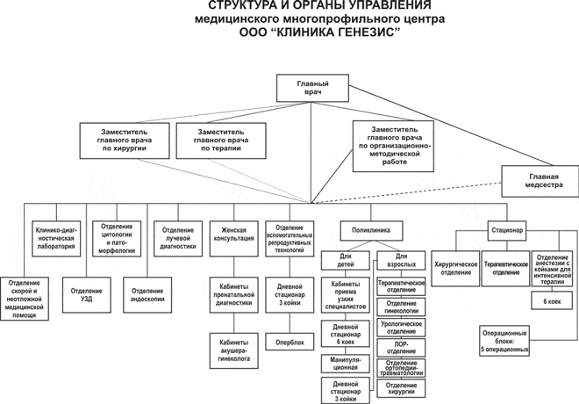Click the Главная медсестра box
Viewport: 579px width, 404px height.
[543, 182]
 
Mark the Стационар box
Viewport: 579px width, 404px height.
[506, 230]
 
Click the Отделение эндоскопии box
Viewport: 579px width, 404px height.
[147, 292]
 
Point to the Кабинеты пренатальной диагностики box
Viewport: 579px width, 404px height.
[233, 292]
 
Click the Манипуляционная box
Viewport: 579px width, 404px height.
[345, 364]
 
